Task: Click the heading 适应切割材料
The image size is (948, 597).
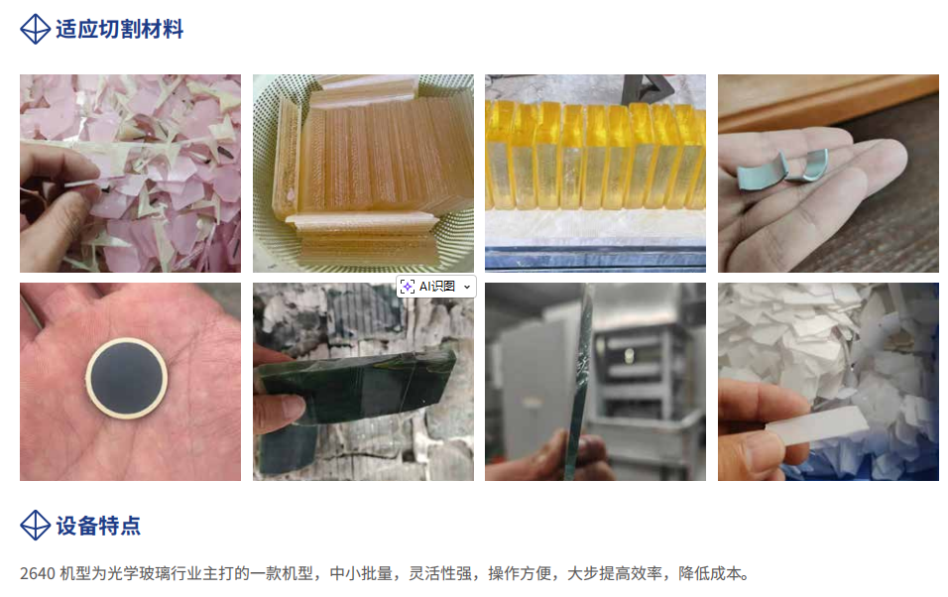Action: click(x=119, y=29)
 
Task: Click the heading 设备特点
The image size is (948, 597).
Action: click(x=98, y=526)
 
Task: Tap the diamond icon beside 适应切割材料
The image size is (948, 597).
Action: click(x=35, y=29)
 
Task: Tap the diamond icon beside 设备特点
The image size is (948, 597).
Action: click(x=35, y=525)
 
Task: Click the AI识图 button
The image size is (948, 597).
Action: click(x=436, y=286)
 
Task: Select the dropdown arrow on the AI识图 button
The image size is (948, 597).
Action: click(x=467, y=287)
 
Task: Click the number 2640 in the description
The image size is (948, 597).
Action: click(x=38, y=573)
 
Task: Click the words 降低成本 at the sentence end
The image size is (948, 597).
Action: click(x=710, y=573)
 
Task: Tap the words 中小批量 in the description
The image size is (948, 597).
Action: click(x=361, y=573)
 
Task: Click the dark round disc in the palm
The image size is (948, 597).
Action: click(x=126, y=378)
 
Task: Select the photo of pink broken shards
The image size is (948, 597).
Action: click(x=131, y=174)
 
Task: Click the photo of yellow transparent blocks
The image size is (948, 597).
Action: click(x=596, y=174)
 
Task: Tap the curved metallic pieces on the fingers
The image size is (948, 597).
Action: click(x=784, y=167)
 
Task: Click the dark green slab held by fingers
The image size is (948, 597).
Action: click(x=357, y=387)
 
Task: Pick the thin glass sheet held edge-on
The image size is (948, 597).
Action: click(x=580, y=381)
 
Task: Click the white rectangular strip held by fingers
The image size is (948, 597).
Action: click(x=817, y=424)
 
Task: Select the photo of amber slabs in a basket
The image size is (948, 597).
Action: click(x=363, y=174)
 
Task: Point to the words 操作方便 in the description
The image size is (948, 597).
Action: click(x=520, y=573)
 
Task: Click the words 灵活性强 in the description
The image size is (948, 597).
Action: click(x=440, y=573)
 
